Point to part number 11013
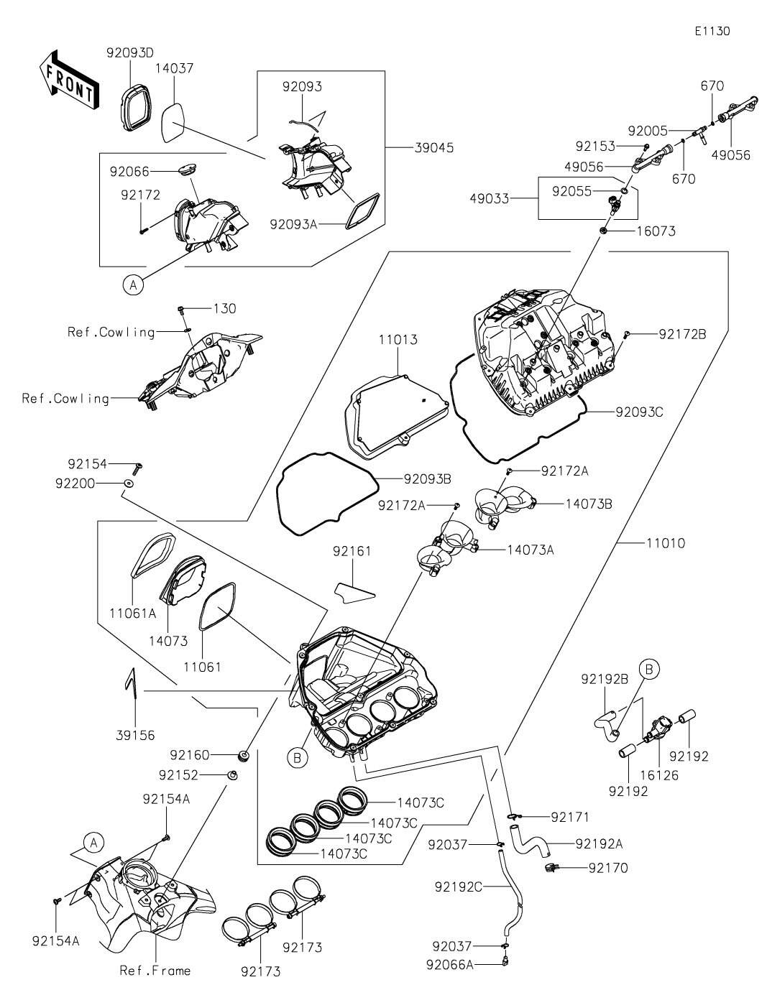(395, 339)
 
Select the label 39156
(134, 735)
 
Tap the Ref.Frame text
(155, 971)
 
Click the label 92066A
(449, 964)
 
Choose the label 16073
(656, 231)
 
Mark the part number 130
(224, 308)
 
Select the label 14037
(174, 68)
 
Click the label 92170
(607, 868)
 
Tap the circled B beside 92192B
(648, 670)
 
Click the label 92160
(190, 755)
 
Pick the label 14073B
(589, 504)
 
